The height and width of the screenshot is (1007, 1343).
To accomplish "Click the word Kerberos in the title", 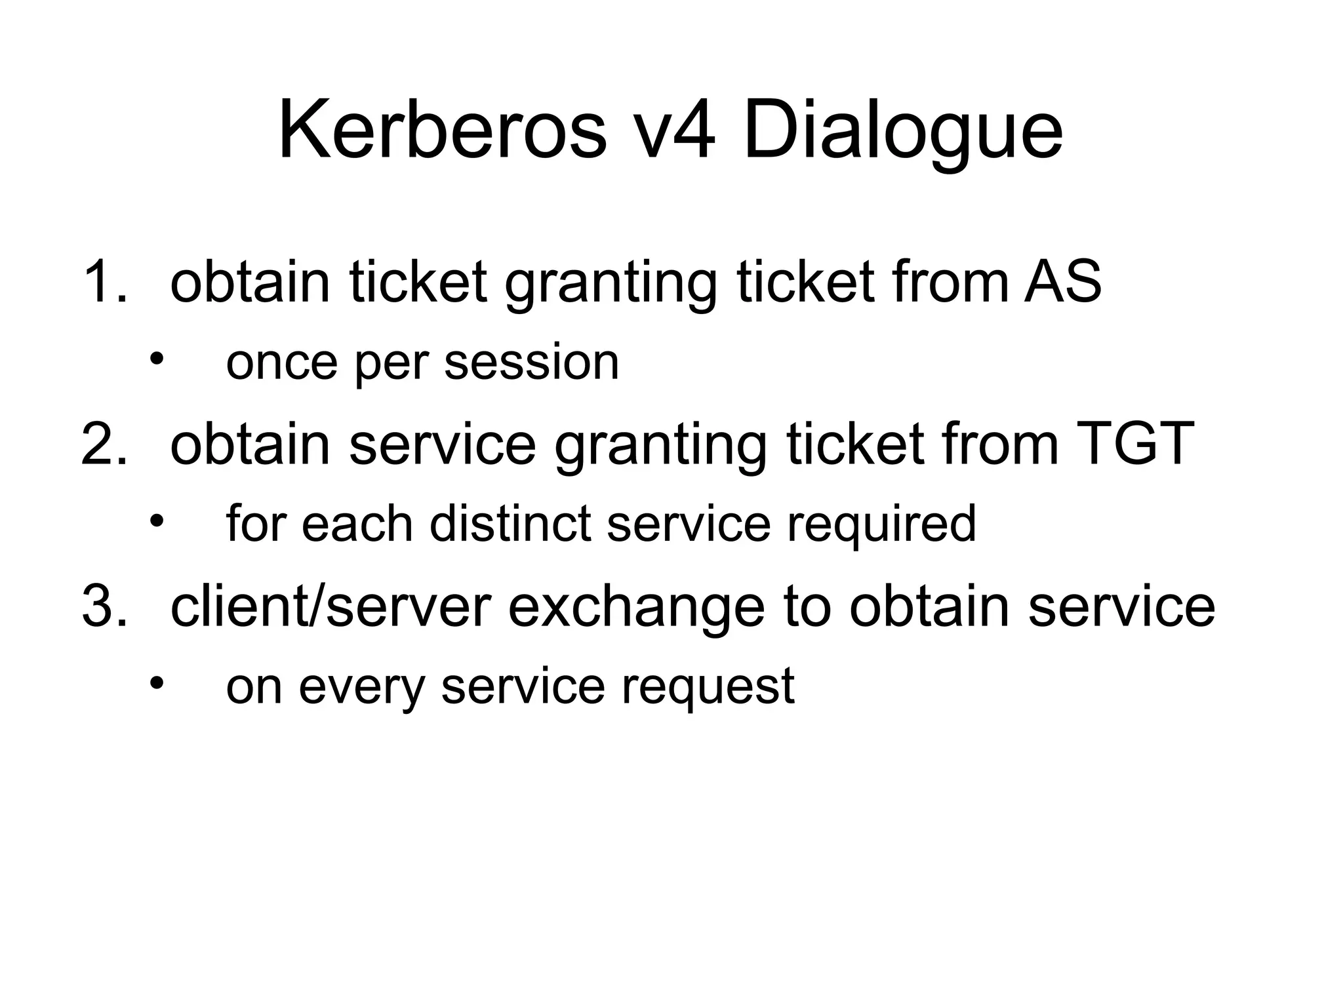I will pyautogui.click(x=443, y=131).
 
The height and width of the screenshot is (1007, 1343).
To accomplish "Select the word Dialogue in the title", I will pyautogui.click(x=902, y=134).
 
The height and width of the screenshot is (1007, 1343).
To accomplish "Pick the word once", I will pyautogui.click(x=281, y=363).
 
